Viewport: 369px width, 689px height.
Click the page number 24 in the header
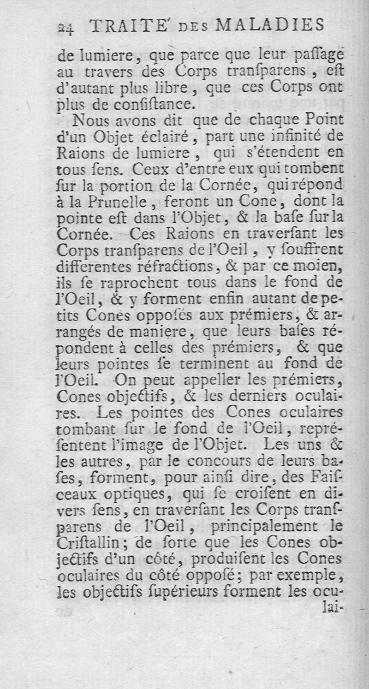(67, 27)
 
